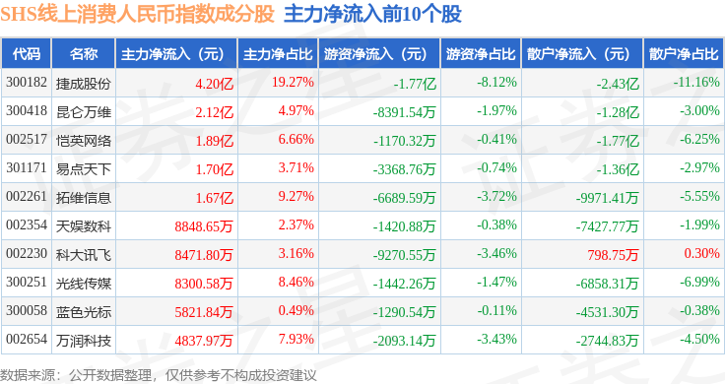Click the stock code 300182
[27, 83]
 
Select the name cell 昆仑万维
[84, 112]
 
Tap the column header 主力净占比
[278, 54]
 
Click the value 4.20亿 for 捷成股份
[214, 84]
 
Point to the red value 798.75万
[613, 255]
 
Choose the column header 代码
[27, 54]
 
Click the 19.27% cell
[293, 83]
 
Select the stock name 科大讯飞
[84, 255]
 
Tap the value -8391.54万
[404, 112]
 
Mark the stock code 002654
[27, 339]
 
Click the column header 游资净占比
[481, 54]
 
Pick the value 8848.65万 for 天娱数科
[204, 225]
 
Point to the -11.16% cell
[696, 83]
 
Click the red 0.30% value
[702, 253]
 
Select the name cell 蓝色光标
[84, 312]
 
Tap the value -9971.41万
[607, 198]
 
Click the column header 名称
[84, 54]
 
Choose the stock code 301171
[27, 167]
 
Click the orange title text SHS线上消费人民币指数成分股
[137, 15]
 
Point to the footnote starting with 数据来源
[159, 375]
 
